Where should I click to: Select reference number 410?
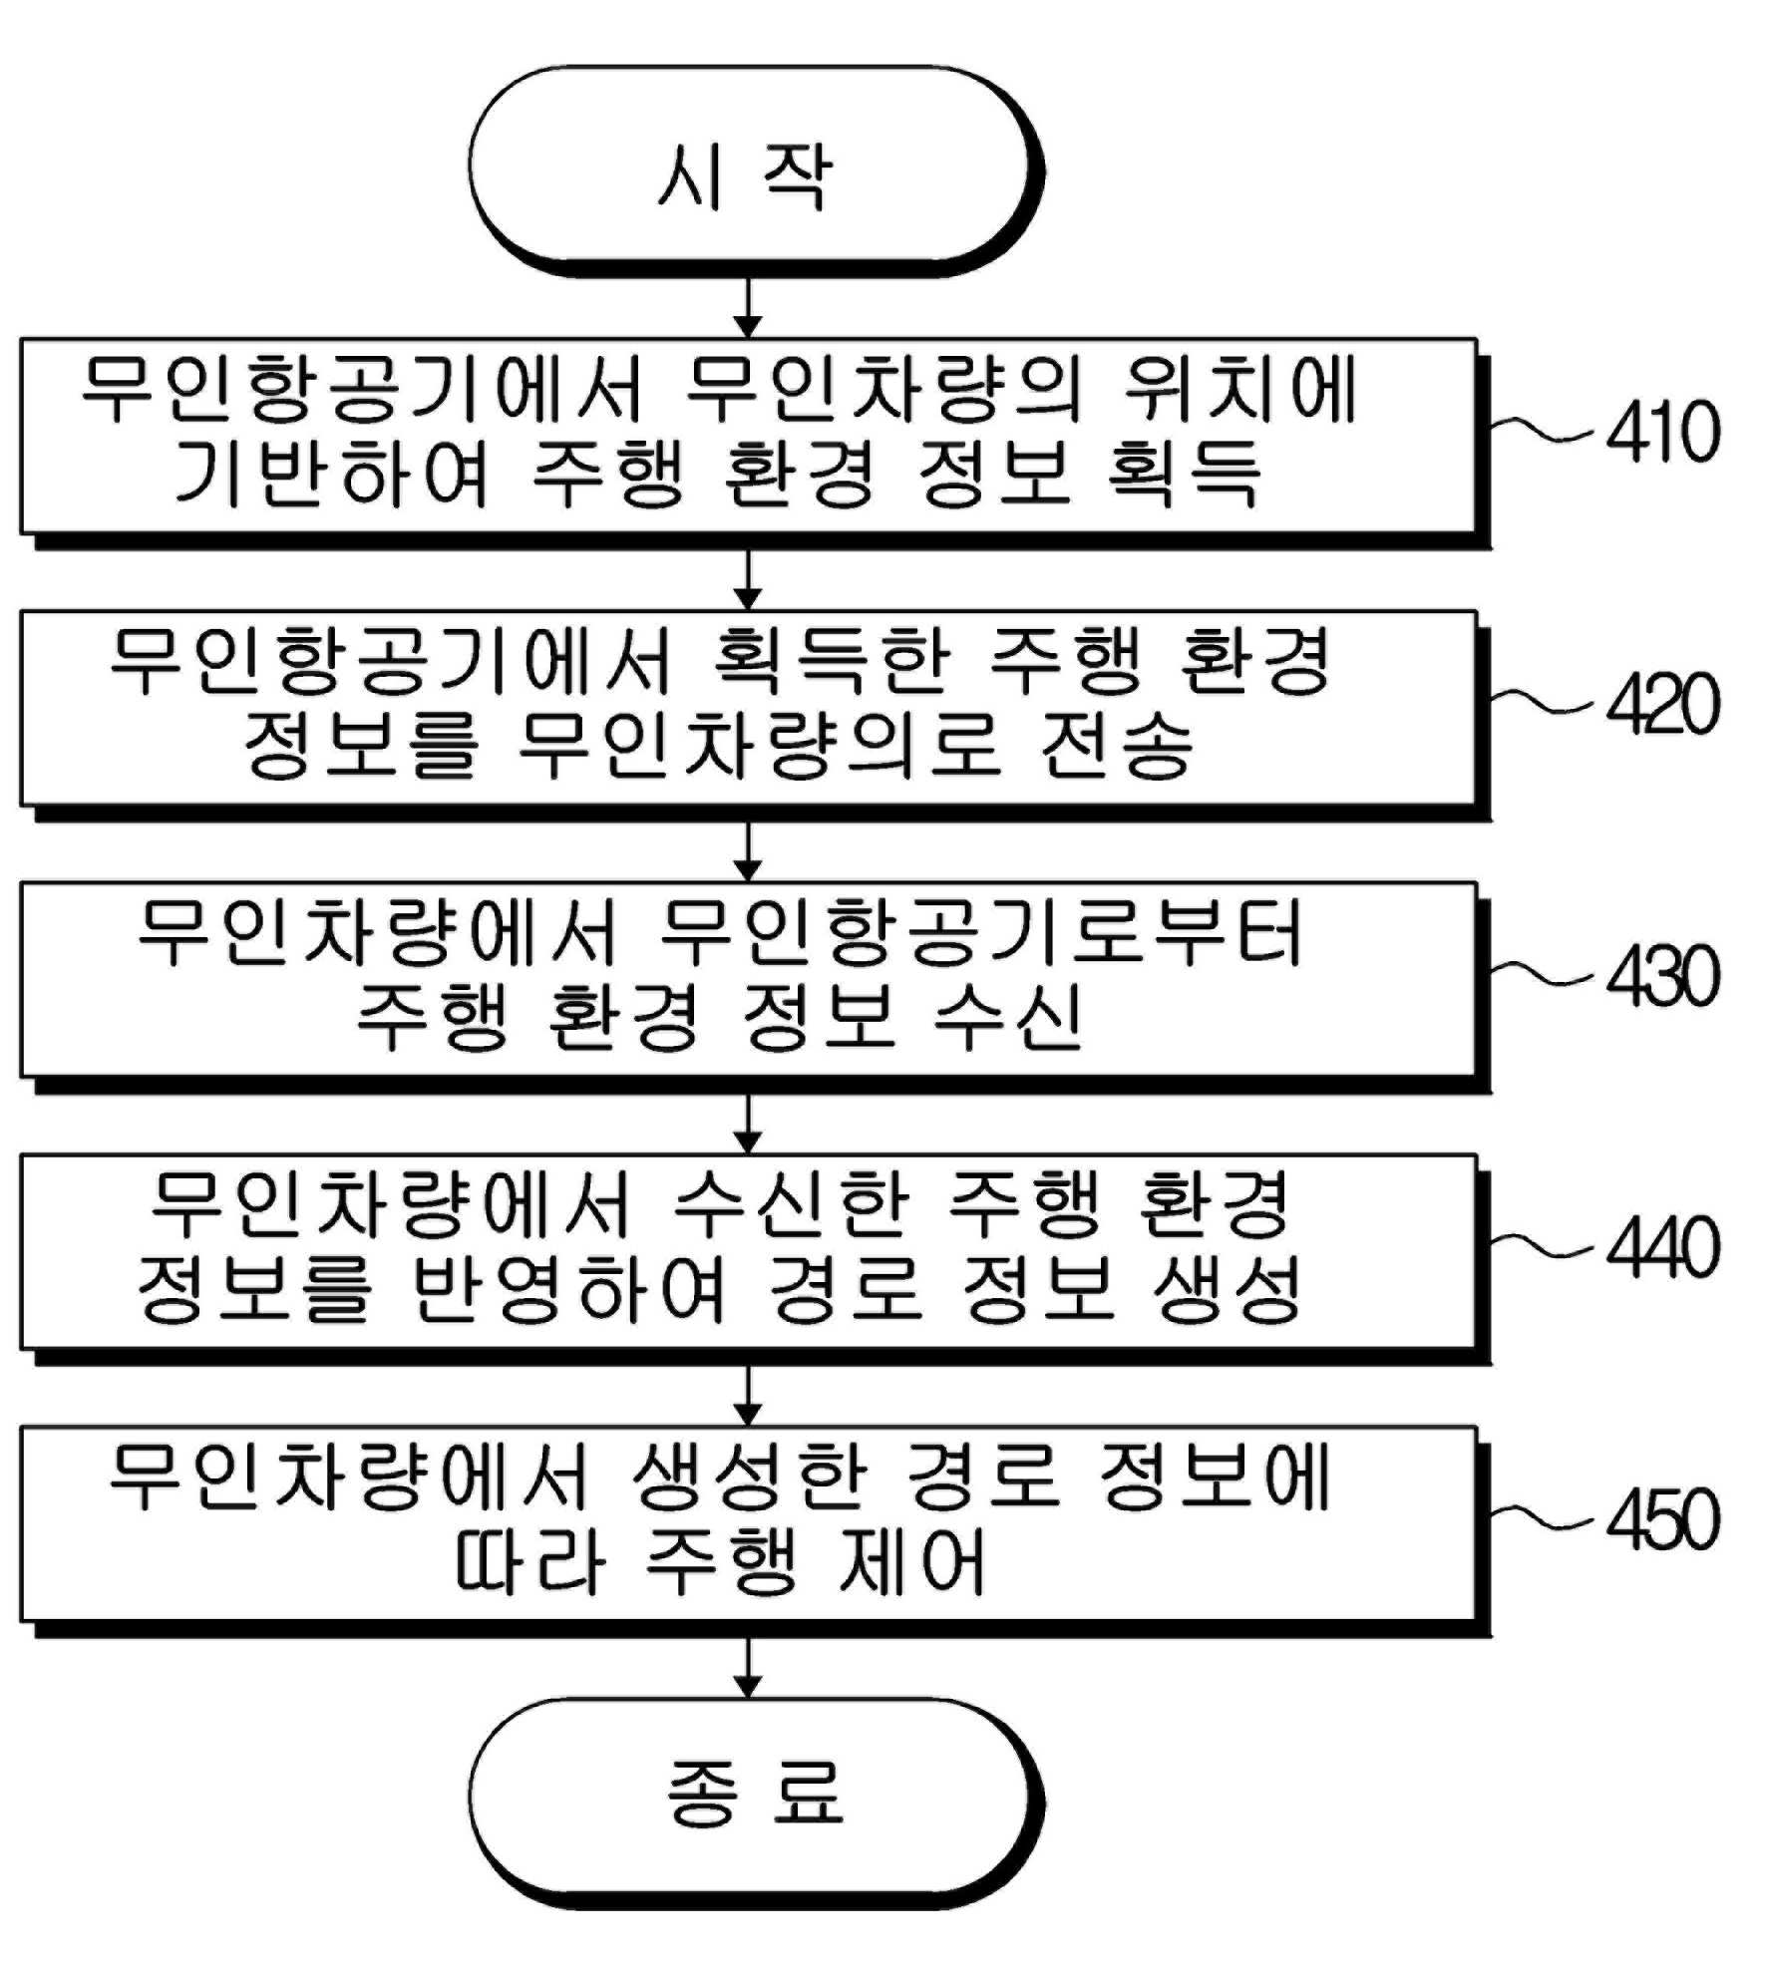(x=1663, y=432)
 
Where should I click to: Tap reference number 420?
(x=1663, y=704)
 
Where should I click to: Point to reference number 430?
(x=1663, y=976)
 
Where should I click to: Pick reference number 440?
(x=1663, y=1247)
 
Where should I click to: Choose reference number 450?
(x=1663, y=1519)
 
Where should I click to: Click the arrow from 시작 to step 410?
(x=747, y=307)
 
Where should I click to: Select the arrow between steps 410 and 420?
(x=747, y=580)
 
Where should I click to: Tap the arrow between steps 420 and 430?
(x=747, y=852)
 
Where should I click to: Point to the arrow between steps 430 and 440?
(x=747, y=1125)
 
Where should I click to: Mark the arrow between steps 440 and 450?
(x=747, y=1397)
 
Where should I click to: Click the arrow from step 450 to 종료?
(x=747, y=1669)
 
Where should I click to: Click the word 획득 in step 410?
(x=1184, y=475)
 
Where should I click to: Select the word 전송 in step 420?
(x=1116, y=746)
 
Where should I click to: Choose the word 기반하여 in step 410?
(x=332, y=475)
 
